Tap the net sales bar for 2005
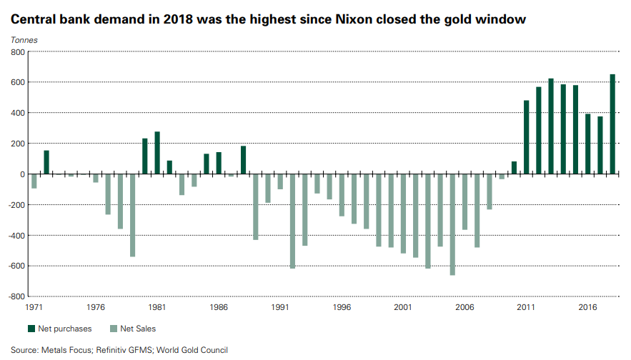(452, 224)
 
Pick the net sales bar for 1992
(292, 221)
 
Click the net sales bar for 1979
(132, 215)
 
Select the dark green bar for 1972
(46, 162)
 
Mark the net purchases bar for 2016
(587, 144)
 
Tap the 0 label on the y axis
(22, 174)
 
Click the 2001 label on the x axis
(403, 307)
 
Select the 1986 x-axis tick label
(219, 307)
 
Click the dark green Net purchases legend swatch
(32, 329)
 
